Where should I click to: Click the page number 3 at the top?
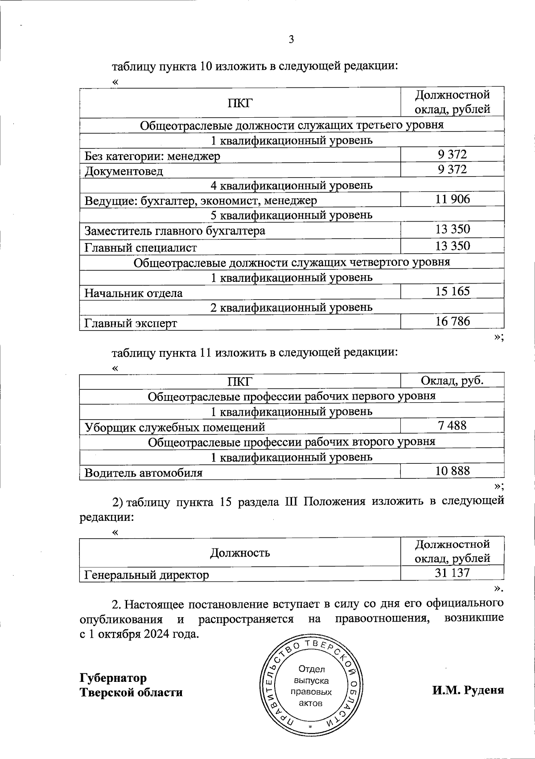(x=291, y=40)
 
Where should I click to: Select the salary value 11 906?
(x=453, y=199)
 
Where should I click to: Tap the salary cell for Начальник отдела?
(x=453, y=291)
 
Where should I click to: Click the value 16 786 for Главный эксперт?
(x=453, y=321)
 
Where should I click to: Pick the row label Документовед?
(x=124, y=171)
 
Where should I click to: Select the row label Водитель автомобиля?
(x=143, y=473)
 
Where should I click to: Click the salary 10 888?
(x=453, y=470)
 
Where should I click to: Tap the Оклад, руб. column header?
(x=453, y=380)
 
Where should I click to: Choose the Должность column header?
(x=240, y=553)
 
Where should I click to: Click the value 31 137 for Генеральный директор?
(x=453, y=573)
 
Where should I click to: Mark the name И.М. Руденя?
(x=468, y=690)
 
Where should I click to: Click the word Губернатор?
(x=113, y=678)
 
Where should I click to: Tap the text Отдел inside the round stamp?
(x=312, y=669)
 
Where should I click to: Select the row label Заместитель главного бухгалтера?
(x=175, y=231)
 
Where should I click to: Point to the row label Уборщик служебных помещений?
(x=175, y=427)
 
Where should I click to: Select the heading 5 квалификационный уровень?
(x=292, y=215)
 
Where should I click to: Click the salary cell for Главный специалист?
(x=453, y=246)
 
